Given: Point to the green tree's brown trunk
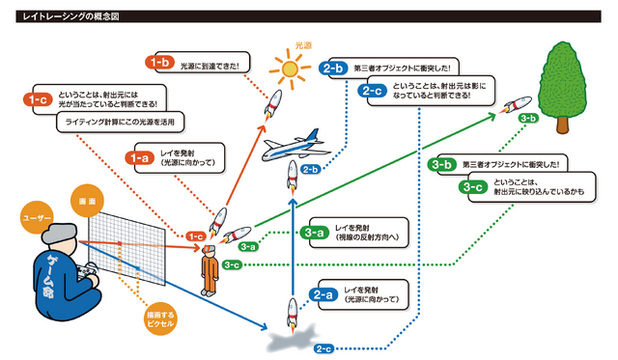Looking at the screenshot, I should (x=560, y=122).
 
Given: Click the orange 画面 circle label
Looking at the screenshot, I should (x=83, y=198).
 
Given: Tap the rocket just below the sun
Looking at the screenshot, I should (x=273, y=103).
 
